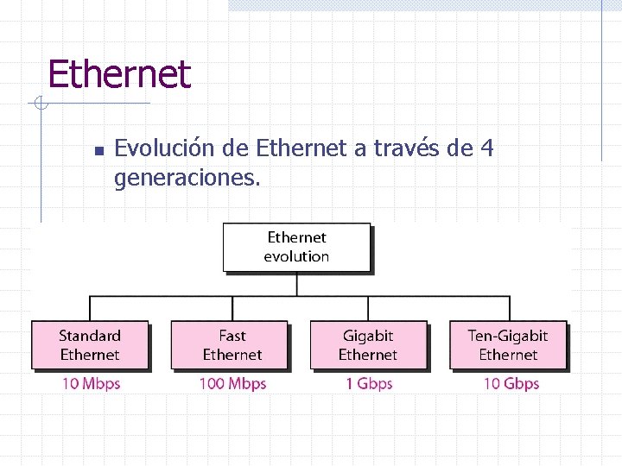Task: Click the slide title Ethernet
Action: [118, 74]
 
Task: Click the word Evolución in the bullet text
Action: [165, 149]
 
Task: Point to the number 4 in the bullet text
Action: [486, 148]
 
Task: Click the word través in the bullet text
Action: [408, 149]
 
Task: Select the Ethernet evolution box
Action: [296, 247]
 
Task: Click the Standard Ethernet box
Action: [90, 345]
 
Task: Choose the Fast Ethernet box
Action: [232, 345]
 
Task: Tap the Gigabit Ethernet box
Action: [368, 345]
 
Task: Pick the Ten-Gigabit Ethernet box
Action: [508, 345]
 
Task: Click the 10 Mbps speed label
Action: [91, 383]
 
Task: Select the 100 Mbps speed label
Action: [232, 383]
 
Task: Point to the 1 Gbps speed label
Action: [369, 383]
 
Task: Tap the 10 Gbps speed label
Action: [511, 383]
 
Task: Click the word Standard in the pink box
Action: [90, 336]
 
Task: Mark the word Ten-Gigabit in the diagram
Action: [508, 336]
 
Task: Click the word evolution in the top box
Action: [296, 256]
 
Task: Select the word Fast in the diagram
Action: [232, 336]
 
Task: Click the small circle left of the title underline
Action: [40, 104]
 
